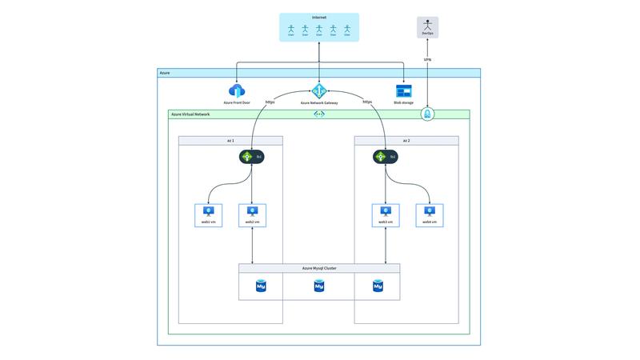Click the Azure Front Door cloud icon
coord(237,91)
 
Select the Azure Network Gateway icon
coord(318,91)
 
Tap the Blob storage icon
coord(403,91)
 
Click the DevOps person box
coord(428,28)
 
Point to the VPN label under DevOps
coord(428,60)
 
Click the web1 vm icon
coord(209,212)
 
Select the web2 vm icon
coord(252,212)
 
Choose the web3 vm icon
coord(386,212)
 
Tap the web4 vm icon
coord(430,212)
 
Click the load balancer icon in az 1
coord(248,157)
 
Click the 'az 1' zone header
coord(230,140)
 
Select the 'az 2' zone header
coord(406,140)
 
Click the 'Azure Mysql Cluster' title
coord(319,268)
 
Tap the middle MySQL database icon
coord(319,286)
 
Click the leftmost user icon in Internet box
coord(290,30)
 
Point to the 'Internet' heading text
coord(318,18)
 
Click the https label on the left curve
coord(270,102)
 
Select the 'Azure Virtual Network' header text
coord(190,114)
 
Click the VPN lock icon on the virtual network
coord(428,114)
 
